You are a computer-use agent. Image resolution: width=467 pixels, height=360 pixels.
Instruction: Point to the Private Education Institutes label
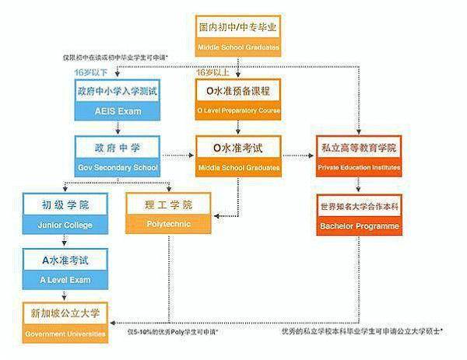[359, 168]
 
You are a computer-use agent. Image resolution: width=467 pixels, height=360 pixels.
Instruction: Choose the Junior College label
[66, 225]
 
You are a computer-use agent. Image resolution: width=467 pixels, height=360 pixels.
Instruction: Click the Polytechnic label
[168, 225]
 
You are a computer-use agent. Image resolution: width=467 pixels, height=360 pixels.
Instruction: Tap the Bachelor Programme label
[359, 226]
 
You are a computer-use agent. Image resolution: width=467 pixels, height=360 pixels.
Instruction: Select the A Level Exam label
[66, 280]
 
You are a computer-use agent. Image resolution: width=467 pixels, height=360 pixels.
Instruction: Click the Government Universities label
[66, 334]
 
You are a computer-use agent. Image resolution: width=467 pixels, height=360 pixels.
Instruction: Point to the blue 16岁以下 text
[90, 72]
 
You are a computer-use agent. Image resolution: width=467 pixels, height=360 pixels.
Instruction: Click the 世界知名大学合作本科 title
[359, 208]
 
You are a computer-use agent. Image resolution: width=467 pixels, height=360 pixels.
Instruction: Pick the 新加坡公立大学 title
[66, 315]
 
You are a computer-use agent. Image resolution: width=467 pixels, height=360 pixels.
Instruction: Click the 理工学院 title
[168, 206]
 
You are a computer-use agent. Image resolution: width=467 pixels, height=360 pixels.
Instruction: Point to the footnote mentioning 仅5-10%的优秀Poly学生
[172, 332]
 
